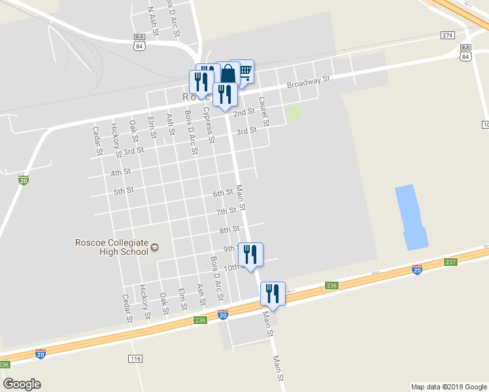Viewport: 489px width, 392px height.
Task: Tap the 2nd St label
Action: pyautogui.click(x=243, y=112)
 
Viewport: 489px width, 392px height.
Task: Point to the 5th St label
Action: pyautogui.click(x=124, y=191)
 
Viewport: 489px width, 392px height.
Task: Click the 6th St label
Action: pyautogui.click(x=223, y=193)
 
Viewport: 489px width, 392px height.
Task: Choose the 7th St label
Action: pyautogui.click(x=226, y=212)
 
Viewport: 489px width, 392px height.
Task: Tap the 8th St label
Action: pyautogui.click(x=229, y=230)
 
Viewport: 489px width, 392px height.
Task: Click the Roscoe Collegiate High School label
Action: pyautogui.click(x=111, y=247)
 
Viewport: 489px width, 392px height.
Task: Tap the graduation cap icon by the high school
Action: pyautogui.click(x=155, y=247)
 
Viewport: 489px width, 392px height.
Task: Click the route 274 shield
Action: pyautogui.click(x=447, y=35)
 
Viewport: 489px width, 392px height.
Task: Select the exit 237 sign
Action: pyautogui.click(x=450, y=262)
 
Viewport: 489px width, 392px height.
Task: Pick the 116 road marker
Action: pyautogui.click(x=136, y=359)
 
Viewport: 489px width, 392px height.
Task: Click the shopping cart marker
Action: pyautogui.click(x=244, y=71)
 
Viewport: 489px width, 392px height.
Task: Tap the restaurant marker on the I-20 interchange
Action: pyautogui.click(x=273, y=293)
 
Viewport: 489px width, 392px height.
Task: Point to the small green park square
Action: pyautogui.click(x=294, y=113)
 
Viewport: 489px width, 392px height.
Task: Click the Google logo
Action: pyautogui.click(x=22, y=384)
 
